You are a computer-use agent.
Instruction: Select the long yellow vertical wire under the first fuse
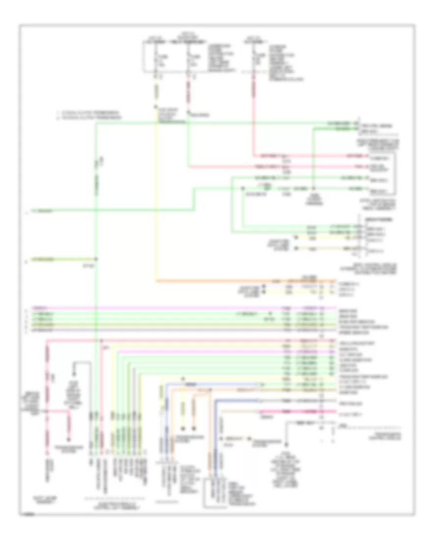coord(157,196)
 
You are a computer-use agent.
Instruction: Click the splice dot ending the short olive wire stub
coord(96,258)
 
